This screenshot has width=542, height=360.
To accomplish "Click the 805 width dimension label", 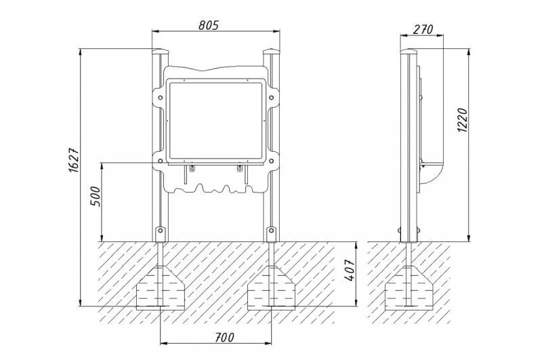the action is pos(209,25).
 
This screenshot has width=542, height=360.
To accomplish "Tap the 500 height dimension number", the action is pos(95,197).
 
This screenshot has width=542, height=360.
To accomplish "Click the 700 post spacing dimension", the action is pos(224,337).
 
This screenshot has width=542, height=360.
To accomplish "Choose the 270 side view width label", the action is pos(422,29).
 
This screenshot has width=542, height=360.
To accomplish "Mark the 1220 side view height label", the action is pos(462,119).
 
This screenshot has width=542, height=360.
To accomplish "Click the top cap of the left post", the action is pos(161,52).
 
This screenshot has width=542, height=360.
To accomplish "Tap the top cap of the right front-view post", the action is pos(272,52).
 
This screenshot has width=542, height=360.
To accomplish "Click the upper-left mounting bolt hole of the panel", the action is pos(161,98).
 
